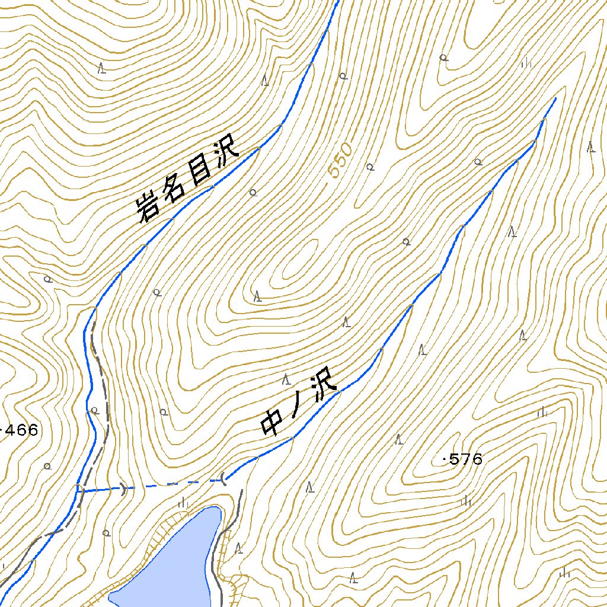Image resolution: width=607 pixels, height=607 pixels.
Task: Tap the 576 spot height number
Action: point(466,459)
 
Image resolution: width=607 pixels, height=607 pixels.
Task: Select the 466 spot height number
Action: point(21,430)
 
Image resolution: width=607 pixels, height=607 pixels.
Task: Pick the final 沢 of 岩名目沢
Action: point(224,151)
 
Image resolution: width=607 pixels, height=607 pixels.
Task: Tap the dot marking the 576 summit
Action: point(445,459)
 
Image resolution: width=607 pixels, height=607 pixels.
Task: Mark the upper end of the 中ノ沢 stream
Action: point(555,98)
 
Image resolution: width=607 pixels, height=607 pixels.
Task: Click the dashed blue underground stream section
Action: point(172,485)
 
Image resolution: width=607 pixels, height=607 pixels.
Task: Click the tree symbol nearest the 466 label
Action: point(47,466)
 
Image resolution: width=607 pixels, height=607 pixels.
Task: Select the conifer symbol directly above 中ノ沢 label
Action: point(286,379)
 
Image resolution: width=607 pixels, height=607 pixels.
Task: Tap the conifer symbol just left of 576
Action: point(400,439)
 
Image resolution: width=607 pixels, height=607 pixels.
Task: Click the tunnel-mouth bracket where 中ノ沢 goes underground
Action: point(223,477)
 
